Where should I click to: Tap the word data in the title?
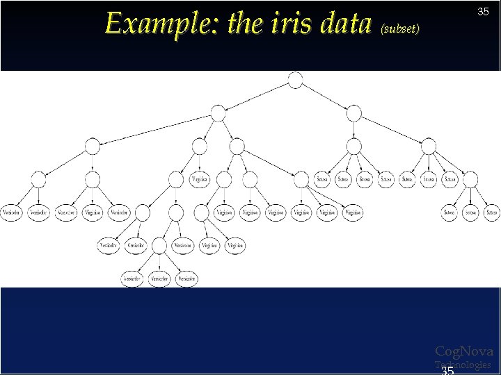[346, 24]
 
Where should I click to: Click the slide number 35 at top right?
[483, 11]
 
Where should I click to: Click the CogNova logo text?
[464, 351]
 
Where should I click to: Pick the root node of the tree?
[295, 80]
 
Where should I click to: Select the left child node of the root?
[218, 112]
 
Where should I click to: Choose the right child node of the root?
[354, 112]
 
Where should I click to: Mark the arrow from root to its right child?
[325, 97]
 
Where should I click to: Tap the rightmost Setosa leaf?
[491, 212]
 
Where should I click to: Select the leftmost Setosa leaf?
[322, 179]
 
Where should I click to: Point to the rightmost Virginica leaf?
[352, 212]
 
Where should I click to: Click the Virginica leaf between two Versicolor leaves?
[93, 212]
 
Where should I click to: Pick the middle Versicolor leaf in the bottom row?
[159, 278]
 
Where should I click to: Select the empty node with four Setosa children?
[354, 146]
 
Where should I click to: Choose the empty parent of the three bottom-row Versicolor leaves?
[159, 245]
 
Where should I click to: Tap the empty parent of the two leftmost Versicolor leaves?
[39, 179]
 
